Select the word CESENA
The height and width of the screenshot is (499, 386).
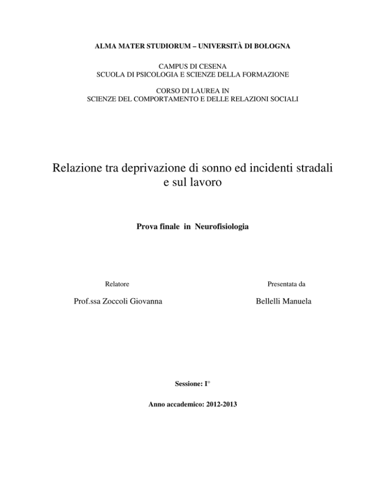pyautogui.click(x=217, y=67)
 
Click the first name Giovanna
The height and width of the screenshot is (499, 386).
pyautogui.click(x=151, y=303)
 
